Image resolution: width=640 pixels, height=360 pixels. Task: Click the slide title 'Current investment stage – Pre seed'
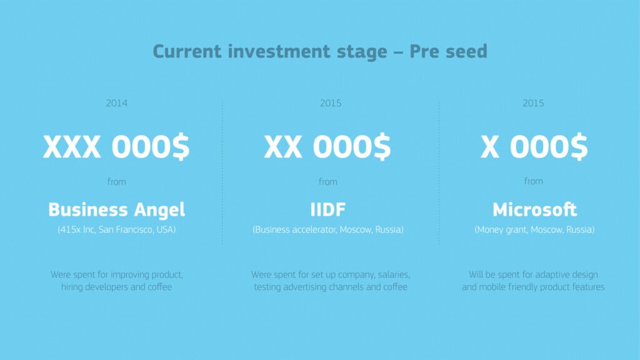pyautogui.click(x=320, y=52)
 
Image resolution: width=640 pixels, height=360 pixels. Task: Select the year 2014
pyautogui.click(x=117, y=103)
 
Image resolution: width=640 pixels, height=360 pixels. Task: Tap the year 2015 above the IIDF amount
pyautogui.click(x=331, y=103)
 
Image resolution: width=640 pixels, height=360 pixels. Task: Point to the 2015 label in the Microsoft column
pyautogui.click(x=533, y=103)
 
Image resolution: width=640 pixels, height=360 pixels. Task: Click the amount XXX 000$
pyautogui.click(x=116, y=146)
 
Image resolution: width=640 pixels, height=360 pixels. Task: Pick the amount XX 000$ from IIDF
pyautogui.click(x=327, y=146)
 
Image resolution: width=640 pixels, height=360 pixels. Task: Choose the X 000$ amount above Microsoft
pyautogui.click(x=534, y=146)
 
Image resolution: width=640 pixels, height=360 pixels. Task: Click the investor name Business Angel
pyautogui.click(x=117, y=210)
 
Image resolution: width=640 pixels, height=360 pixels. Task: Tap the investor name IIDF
pyautogui.click(x=327, y=210)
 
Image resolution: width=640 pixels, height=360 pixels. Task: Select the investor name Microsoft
pyautogui.click(x=535, y=210)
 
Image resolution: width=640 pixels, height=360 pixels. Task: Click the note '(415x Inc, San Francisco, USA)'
pyautogui.click(x=117, y=230)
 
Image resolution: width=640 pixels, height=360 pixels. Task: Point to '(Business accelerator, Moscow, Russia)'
pyautogui.click(x=328, y=230)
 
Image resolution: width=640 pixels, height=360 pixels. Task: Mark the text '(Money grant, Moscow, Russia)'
pyautogui.click(x=534, y=230)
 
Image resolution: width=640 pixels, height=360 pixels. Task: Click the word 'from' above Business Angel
pyautogui.click(x=117, y=182)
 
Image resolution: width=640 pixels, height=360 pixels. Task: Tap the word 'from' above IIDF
pyautogui.click(x=328, y=182)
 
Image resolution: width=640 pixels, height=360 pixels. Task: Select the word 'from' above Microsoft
pyautogui.click(x=534, y=181)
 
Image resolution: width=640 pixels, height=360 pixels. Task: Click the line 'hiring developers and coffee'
pyautogui.click(x=117, y=287)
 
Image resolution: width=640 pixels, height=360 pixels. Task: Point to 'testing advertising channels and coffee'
pyautogui.click(x=331, y=287)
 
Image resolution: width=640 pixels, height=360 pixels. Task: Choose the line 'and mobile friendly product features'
pyautogui.click(x=533, y=287)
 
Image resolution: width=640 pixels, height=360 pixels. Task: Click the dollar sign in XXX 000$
pyautogui.click(x=181, y=146)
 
